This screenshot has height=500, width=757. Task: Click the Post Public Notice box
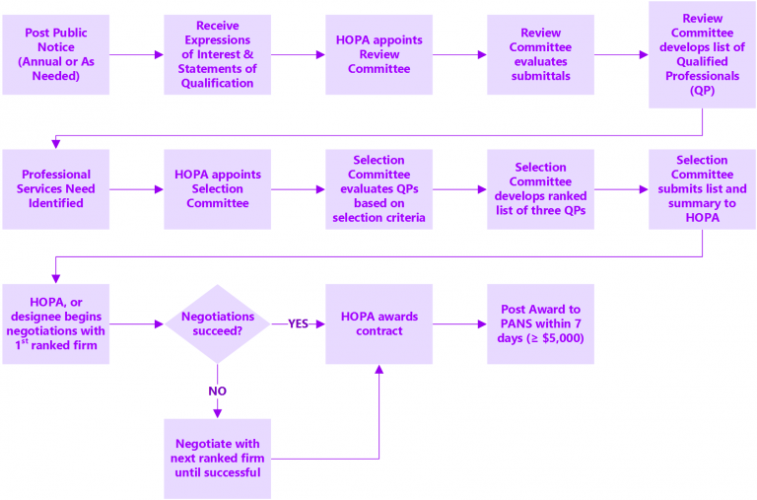coord(55,55)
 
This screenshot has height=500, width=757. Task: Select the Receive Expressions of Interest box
coord(217,55)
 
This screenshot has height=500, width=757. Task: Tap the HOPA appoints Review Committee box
coord(378,55)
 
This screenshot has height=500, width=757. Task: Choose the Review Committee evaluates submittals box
coord(540,55)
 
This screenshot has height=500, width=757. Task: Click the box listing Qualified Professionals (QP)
coord(701,55)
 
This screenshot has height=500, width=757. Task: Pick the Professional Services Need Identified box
coord(55,189)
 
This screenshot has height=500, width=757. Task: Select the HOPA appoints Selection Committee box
coord(217,189)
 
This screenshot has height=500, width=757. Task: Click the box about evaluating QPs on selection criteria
coord(378,189)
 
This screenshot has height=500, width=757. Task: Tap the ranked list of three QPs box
coord(540,189)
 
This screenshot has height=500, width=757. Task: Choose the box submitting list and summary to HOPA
coord(701,189)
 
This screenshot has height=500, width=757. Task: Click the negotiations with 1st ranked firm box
coord(55,323)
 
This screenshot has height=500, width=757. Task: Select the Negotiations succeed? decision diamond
coord(217,323)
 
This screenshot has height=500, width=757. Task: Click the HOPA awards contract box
coord(378,323)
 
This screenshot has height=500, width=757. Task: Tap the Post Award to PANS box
coord(540,323)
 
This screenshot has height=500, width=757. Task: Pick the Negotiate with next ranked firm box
coord(217,459)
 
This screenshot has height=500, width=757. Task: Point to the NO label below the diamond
coord(217,391)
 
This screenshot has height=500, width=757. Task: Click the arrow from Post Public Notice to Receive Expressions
coord(136,55)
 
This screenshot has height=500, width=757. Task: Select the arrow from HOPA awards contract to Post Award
coord(459,323)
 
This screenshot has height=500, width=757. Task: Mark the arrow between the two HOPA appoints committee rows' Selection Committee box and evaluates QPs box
coord(298,189)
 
